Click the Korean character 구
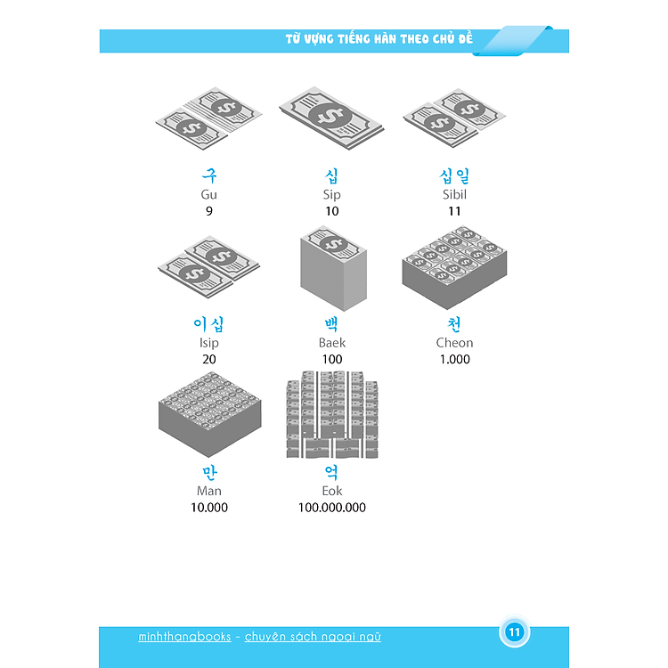[209, 175]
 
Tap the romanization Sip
[332, 195]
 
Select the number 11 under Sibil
[454, 211]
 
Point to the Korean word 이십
[208, 324]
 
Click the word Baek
[332, 343]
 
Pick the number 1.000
[454, 359]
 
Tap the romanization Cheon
[454, 343]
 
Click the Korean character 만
[209, 472]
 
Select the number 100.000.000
[332, 508]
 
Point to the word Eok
[332, 491]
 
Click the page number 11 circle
[514, 631]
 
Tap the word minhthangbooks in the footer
[185, 637]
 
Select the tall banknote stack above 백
[333, 268]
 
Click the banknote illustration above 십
[331, 118]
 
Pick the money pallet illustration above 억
[332, 415]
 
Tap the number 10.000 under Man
[209, 508]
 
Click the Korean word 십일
[454, 175]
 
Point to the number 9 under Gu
[209, 211]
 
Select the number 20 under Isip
[209, 359]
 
